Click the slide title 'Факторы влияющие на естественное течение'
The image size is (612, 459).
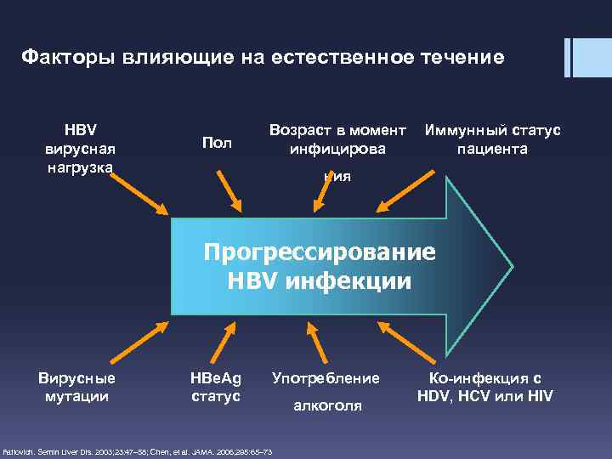coord(263,58)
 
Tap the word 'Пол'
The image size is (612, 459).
coord(217,143)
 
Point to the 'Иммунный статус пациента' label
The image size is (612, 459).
coord(492,139)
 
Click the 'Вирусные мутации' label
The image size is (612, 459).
coord(76,386)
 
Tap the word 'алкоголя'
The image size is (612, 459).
coord(327,406)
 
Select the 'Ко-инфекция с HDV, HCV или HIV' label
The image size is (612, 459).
coord(486,386)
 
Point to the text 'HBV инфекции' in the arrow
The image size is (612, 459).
coord(319,281)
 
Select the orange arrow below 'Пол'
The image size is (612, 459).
coord(231,192)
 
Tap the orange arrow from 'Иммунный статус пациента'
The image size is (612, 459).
coord(408,191)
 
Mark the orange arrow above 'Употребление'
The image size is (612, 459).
coord(319,343)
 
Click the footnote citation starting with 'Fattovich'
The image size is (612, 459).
coord(138,450)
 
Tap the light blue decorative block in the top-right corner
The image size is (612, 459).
coord(594,57)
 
